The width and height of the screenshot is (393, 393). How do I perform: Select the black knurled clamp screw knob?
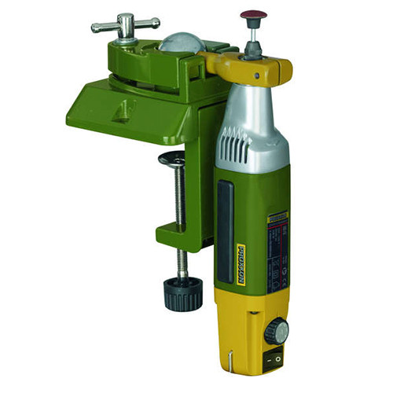point(182,296)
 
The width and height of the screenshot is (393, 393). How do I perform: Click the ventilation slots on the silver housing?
point(231,146)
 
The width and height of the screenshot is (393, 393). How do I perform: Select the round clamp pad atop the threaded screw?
point(174,160)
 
